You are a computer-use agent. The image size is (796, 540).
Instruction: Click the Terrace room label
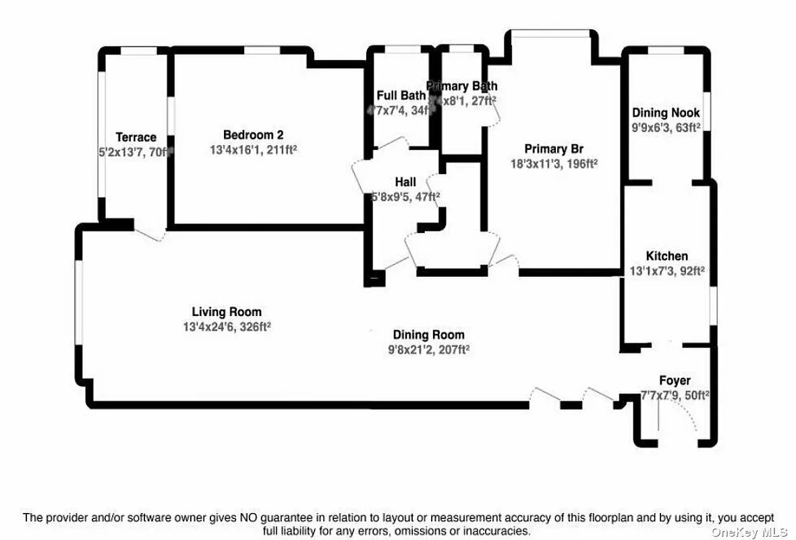(x=136, y=137)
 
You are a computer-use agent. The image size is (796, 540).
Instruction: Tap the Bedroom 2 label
(x=249, y=134)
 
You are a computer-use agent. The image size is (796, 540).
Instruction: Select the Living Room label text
(x=227, y=312)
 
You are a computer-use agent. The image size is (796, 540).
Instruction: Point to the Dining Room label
(x=428, y=335)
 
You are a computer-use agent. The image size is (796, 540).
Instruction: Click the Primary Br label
(x=554, y=149)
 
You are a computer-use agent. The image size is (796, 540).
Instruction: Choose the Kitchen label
(x=666, y=256)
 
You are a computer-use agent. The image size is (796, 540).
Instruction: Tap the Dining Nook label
(x=666, y=113)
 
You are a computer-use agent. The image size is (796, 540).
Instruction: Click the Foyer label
(x=675, y=381)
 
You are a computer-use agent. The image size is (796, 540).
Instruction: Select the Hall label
(x=405, y=182)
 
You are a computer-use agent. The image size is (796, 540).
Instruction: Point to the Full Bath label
(x=401, y=95)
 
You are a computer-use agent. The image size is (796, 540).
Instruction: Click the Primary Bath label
(x=463, y=86)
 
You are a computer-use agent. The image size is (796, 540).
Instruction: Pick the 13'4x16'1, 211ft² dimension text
(x=253, y=148)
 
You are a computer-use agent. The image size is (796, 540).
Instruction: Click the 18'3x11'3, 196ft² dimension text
(x=554, y=163)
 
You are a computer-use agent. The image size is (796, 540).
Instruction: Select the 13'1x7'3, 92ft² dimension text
(x=667, y=270)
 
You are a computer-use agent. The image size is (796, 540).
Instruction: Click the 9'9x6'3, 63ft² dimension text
(x=666, y=127)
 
